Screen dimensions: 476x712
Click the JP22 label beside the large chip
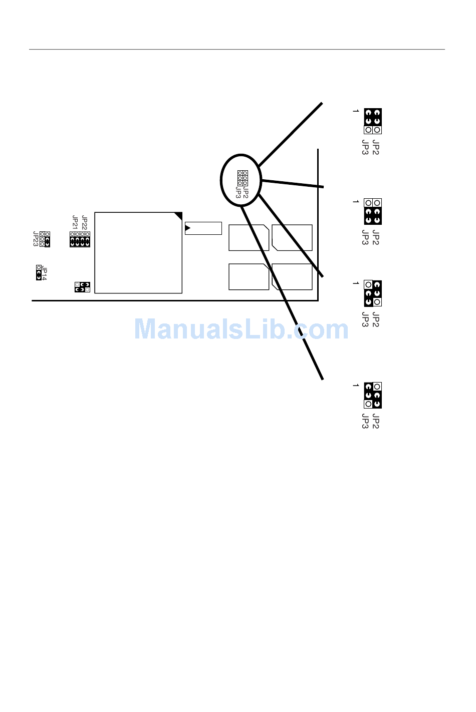(x=84, y=223)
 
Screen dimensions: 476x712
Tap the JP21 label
(x=75, y=223)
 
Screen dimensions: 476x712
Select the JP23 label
(x=36, y=239)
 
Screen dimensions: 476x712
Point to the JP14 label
(x=45, y=273)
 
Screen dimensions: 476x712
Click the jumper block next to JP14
(x=39, y=273)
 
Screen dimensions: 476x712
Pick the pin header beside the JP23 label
(x=45, y=239)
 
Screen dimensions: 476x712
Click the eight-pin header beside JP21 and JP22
(x=80, y=239)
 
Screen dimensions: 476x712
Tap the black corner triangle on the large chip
(x=178, y=216)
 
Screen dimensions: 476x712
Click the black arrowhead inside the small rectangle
(x=187, y=228)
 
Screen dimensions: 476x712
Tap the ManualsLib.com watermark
(x=241, y=329)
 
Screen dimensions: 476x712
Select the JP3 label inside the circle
(x=239, y=193)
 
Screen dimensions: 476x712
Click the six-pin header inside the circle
(x=243, y=178)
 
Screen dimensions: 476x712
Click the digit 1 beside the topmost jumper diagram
(x=356, y=111)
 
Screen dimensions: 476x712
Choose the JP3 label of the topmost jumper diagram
(x=365, y=148)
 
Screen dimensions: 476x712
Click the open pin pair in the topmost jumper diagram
(x=373, y=130)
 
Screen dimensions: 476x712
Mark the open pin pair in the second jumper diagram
(x=373, y=203)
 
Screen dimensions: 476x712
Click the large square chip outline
(x=138, y=253)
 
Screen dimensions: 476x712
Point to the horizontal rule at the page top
(x=236, y=50)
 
